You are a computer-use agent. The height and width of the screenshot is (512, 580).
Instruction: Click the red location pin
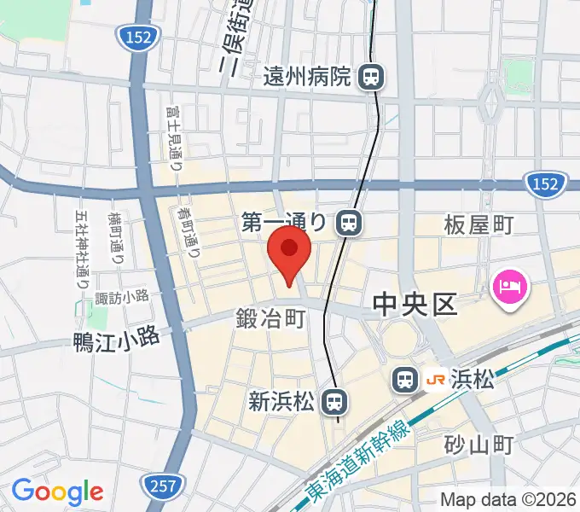click(288, 253)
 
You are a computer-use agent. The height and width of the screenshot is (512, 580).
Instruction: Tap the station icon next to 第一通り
click(348, 223)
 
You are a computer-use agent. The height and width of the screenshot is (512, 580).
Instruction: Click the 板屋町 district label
click(478, 225)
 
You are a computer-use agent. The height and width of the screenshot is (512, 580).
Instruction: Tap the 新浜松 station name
click(282, 399)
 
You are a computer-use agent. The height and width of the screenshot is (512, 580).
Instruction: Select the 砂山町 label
click(478, 445)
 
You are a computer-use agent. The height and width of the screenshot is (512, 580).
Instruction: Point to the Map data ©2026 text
click(507, 499)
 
